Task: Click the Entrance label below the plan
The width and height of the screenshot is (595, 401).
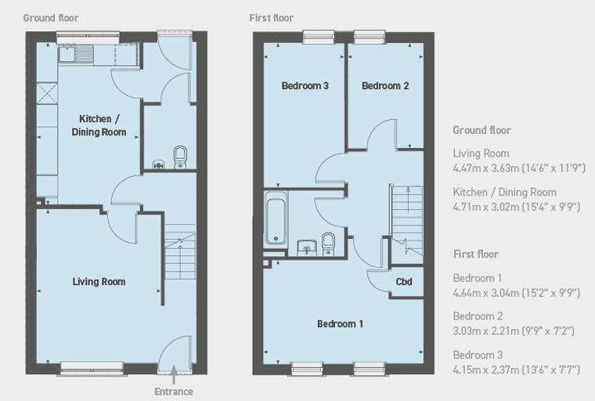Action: (174, 392)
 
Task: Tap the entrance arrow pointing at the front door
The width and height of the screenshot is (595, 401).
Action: (174, 375)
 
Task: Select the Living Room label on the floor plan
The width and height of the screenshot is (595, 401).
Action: (99, 282)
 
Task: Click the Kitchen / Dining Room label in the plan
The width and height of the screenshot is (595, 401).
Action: (99, 125)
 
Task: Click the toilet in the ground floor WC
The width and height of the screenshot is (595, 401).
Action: (180, 157)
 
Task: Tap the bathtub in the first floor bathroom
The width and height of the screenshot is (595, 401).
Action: (276, 218)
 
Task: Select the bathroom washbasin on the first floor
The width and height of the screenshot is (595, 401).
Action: (307, 247)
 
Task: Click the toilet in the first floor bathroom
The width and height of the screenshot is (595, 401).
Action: (328, 244)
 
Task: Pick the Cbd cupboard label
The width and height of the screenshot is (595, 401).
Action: (404, 282)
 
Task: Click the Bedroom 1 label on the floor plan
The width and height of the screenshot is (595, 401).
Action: (340, 324)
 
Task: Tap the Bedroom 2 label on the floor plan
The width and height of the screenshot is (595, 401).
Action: (385, 86)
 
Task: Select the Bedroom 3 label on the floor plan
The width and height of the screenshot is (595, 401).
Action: (305, 86)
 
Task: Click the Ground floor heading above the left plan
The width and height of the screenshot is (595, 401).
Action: (51, 18)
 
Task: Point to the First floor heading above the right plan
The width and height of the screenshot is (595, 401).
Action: (272, 18)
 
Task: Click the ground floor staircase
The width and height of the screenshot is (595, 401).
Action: (180, 252)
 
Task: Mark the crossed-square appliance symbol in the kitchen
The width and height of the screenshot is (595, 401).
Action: (47, 93)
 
